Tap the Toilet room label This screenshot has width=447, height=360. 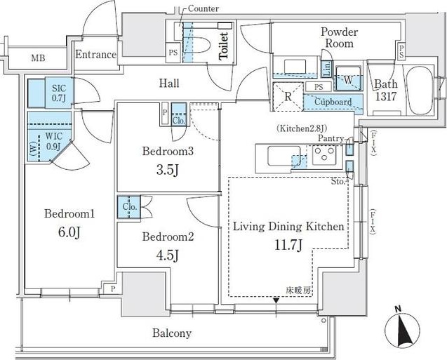point(224,46)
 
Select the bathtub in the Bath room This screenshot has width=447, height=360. point(419,90)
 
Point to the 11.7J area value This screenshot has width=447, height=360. point(288,245)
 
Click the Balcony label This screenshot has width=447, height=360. point(172,333)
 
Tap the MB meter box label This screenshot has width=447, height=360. point(38,58)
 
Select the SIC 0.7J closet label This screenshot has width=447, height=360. point(59,93)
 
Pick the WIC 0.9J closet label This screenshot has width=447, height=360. point(53,141)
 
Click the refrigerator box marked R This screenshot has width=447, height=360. point(288,96)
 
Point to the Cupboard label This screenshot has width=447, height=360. point(333,102)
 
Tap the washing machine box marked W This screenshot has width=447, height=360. point(349,79)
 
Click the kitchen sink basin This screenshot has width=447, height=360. point(283,155)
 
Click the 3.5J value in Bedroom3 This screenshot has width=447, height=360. point(168,171)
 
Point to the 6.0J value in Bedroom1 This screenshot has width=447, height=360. point(69,232)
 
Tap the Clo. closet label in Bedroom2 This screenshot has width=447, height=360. point(130,206)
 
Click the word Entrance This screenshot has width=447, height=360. point(95,55)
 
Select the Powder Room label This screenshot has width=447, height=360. point(339,37)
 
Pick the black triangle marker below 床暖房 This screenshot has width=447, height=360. point(276,300)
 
